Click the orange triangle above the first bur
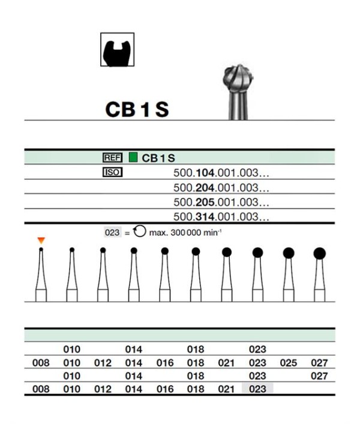click(41, 240)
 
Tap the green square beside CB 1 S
click(133, 157)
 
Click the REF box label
click(113, 158)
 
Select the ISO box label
click(113, 172)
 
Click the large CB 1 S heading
click(137, 110)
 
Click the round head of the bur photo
click(238, 79)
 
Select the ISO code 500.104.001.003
click(221, 173)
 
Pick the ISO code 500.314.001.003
click(221, 217)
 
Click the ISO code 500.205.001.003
click(221, 202)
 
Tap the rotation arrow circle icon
click(140, 231)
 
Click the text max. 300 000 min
click(185, 233)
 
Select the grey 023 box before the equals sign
click(112, 233)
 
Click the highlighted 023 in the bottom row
click(257, 389)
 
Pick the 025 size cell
click(289, 363)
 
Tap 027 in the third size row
click(319, 376)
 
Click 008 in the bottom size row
click(41, 389)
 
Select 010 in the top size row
click(71, 350)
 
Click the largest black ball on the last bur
click(320, 253)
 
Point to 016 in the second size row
click(165, 363)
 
